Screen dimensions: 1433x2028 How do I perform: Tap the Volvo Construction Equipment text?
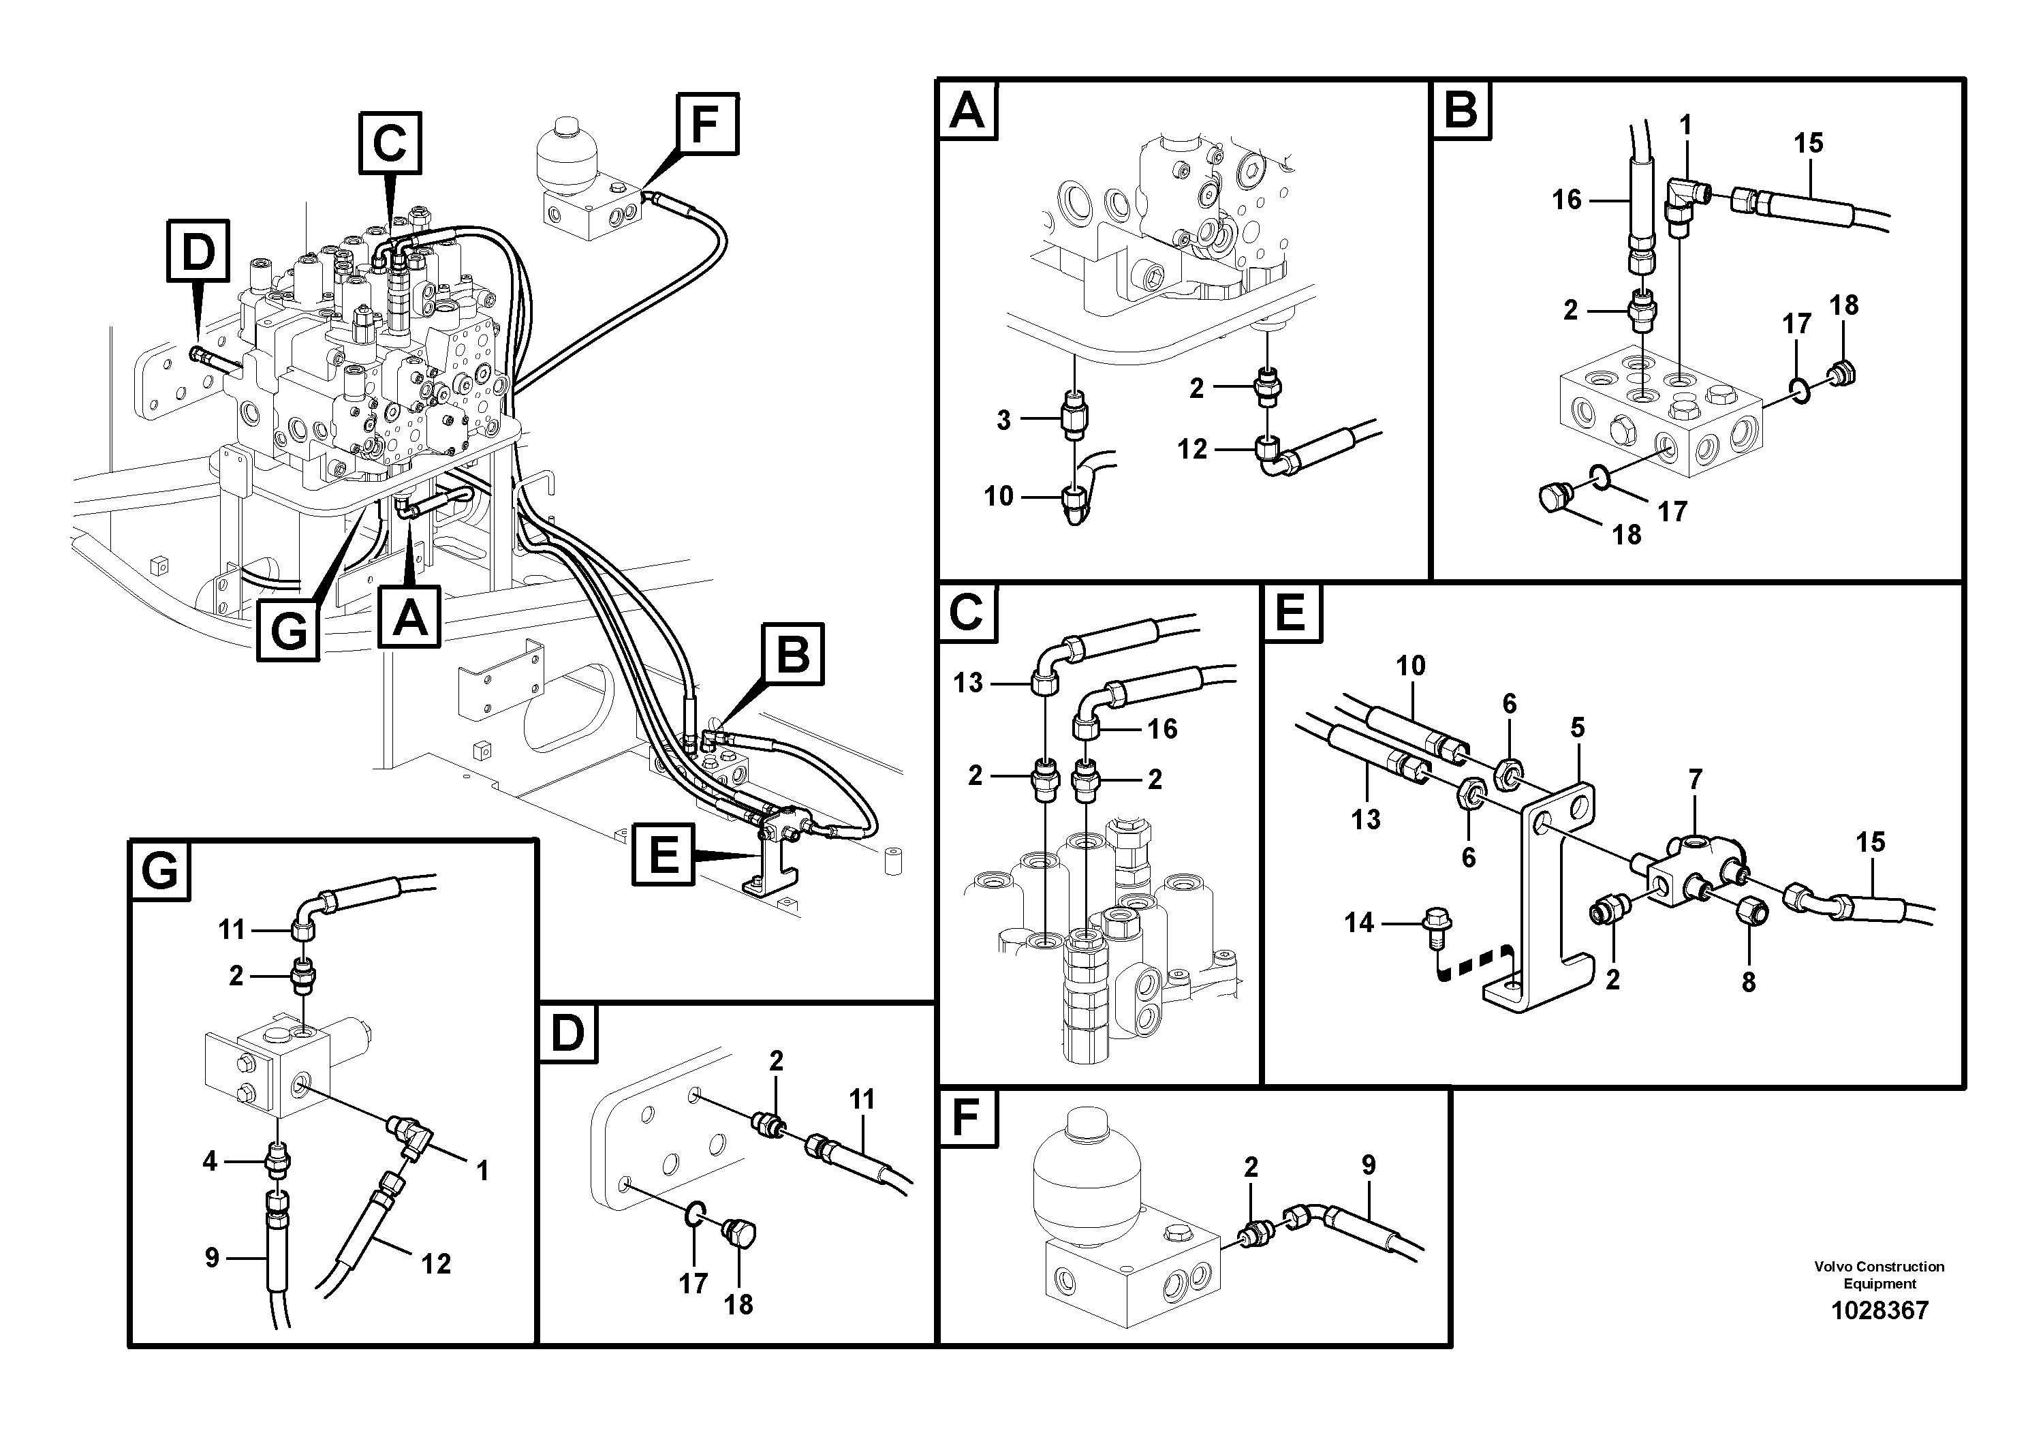(x=1879, y=1275)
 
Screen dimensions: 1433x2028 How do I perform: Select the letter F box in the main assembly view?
(x=708, y=124)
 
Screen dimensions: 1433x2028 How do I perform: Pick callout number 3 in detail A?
(x=1003, y=420)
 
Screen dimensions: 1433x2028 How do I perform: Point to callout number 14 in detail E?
(x=1359, y=923)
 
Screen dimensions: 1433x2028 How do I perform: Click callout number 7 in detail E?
(x=1695, y=780)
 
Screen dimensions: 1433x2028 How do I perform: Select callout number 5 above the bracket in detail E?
(x=1578, y=728)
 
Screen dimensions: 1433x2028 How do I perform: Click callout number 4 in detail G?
(x=209, y=1161)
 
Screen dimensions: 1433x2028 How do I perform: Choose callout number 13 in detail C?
(x=968, y=683)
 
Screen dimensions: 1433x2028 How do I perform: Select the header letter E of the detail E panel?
(x=1292, y=613)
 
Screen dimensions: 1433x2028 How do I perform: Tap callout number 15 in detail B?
(x=1808, y=142)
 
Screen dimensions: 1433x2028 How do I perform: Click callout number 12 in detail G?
(x=435, y=1264)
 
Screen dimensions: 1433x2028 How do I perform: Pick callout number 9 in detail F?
(x=1368, y=1165)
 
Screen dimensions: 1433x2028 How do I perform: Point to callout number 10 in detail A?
(x=999, y=497)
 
